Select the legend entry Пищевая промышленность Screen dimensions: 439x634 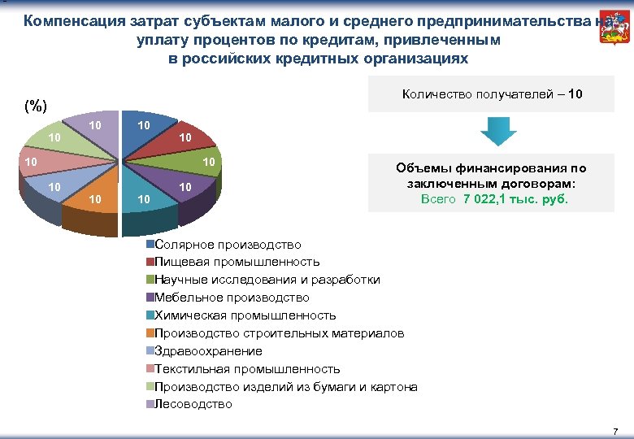click(x=237, y=262)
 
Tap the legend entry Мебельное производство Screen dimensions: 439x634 click(x=232, y=298)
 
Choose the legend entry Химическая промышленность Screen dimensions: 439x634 click(x=245, y=315)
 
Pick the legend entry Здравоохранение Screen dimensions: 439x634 click(x=208, y=351)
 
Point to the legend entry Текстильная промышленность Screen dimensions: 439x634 click(x=247, y=369)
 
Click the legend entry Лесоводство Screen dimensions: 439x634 click(x=193, y=404)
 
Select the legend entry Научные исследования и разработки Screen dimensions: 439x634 click(x=267, y=280)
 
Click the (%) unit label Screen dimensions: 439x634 click(x=36, y=105)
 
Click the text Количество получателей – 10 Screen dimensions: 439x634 click(x=493, y=94)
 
